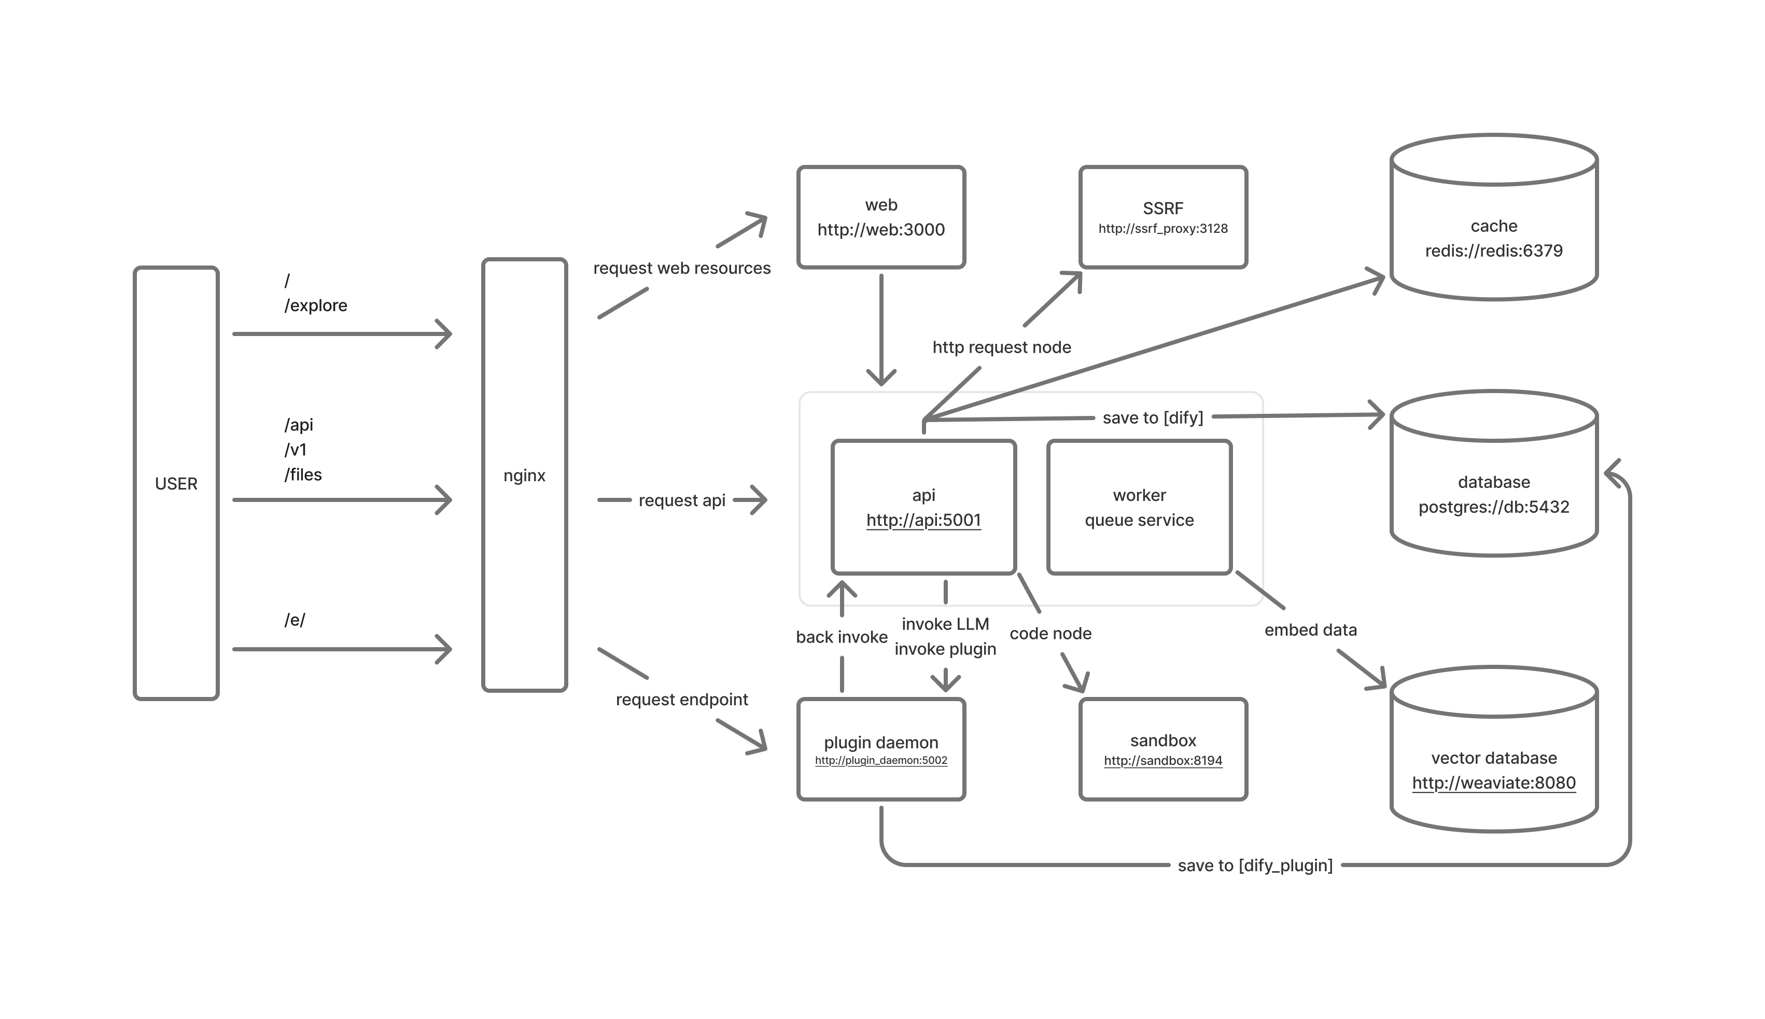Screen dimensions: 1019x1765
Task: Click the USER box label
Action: click(x=176, y=484)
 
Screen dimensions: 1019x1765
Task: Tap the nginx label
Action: click(x=524, y=475)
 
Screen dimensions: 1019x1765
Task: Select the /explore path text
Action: click(x=315, y=305)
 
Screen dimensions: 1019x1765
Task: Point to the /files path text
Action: click(x=303, y=474)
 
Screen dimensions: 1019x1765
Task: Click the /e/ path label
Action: click(x=295, y=619)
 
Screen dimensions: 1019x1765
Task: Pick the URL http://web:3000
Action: click(x=881, y=230)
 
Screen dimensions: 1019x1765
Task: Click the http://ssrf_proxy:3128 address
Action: click(x=1162, y=228)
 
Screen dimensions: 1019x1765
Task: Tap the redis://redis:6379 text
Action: click(x=1494, y=250)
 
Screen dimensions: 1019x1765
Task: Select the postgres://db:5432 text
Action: click(x=1494, y=507)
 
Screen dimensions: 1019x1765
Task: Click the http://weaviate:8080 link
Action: click(x=1494, y=783)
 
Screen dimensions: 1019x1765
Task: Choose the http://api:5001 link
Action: click(x=923, y=520)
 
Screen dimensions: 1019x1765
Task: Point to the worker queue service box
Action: click(x=1139, y=507)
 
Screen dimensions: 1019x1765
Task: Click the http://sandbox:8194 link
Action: click(x=1162, y=760)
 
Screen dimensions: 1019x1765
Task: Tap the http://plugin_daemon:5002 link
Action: click(x=881, y=760)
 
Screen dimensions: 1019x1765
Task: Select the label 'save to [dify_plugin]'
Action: click(x=1255, y=865)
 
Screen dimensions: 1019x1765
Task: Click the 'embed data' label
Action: click(x=1310, y=630)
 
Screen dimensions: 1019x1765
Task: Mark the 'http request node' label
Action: click(x=1001, y=347)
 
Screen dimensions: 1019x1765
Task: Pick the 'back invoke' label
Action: click(x=842, y=637)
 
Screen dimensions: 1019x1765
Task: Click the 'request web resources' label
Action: click(x=681, y=268)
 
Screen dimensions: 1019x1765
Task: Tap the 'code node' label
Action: click(x=1050, y=633)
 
